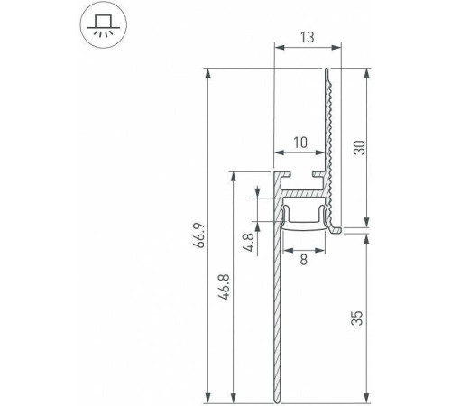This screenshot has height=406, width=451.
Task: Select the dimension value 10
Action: click(x=300, y=143)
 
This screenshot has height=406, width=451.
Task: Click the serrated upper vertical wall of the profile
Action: click(x=331, y=135)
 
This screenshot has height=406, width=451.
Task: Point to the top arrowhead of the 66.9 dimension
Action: click(x=208, y=72)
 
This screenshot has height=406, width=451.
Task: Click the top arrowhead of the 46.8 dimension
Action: click(x=234, y=174)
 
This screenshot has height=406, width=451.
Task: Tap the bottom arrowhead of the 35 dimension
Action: click(x=367, y=396)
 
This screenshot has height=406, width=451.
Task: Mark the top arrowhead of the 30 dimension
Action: click(x=367, y=72)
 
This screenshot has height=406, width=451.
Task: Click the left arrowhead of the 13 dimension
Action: click(x=275, y=48)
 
